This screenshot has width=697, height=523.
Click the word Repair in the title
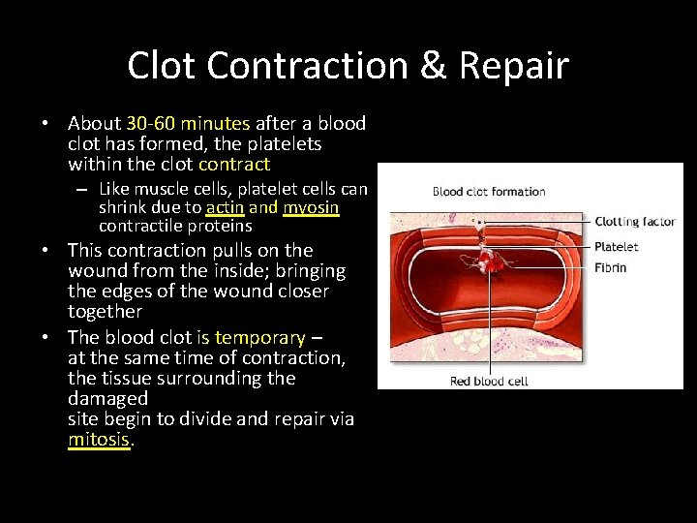click(x=514, y=66)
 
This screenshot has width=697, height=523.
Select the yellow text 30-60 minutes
click(x=188, y=124)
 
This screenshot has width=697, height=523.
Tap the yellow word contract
click(x=235, y=165)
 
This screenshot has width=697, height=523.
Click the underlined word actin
click(x=224, y=207)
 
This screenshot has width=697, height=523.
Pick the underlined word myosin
click(x=311, y=207)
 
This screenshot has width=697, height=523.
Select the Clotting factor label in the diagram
click(x=634, y=222)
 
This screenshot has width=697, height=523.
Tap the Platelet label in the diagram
click(x=616, y=247)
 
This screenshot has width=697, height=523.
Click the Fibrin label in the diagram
click(x=610, y=267)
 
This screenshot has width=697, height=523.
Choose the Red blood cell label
click(x=489, y=381)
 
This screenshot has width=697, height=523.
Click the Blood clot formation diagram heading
click(x=489, y=192)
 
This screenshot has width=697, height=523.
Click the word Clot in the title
click(x=162, y=66)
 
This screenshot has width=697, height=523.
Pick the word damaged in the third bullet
click(x=107, y=398)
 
